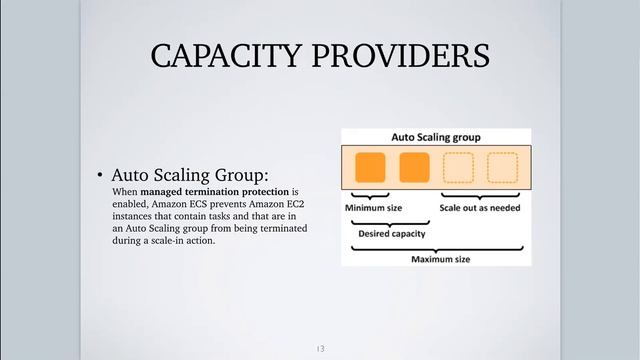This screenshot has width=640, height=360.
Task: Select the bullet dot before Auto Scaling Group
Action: [101, 174]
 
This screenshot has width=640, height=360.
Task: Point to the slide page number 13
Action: [320, 348]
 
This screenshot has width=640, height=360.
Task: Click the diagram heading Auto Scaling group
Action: [435, 136]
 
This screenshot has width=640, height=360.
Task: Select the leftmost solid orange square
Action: [370, 167]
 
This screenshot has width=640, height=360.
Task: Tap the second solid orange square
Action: [414, 167]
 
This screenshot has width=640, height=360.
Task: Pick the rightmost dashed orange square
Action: [502, 167]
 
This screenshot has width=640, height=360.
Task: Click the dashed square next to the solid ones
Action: [458, 167]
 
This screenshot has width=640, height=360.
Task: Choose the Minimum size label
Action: [373, 208]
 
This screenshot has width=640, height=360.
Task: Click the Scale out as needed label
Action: [479, 208]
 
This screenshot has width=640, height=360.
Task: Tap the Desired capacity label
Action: [391, 234]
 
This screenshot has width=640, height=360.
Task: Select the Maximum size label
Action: [441, 259]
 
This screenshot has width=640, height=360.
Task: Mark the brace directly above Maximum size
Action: [436, 248]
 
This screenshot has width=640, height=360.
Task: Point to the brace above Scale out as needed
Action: [480, 196]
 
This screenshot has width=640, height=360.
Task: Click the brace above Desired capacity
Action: [392, 222]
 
